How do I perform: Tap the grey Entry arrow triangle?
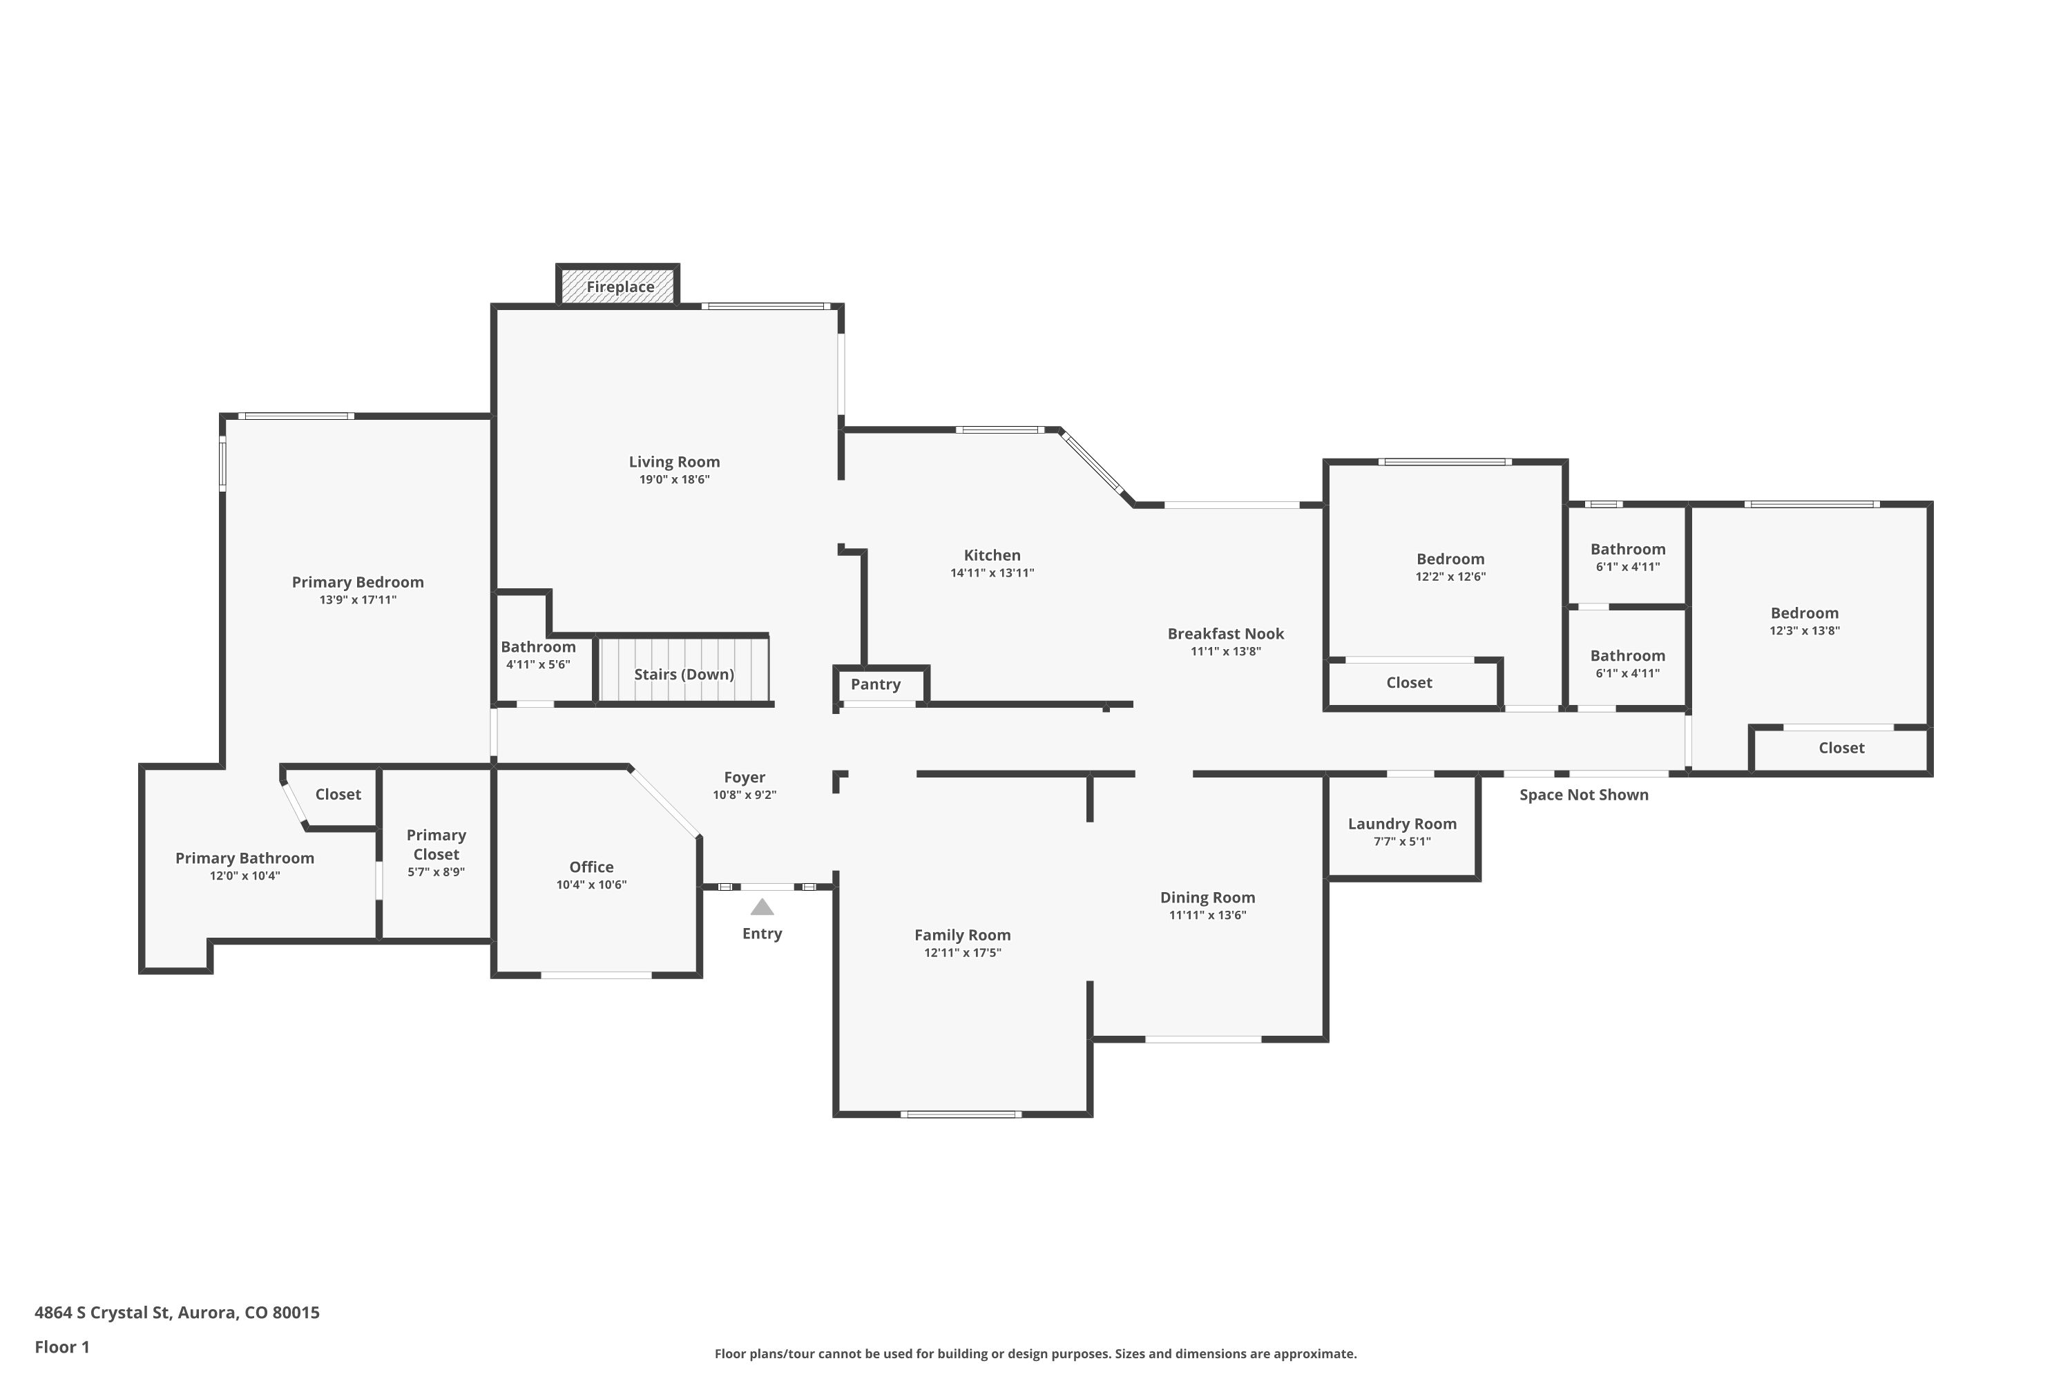(x=762, y=907)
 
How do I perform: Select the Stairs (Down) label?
(x=684, y=675)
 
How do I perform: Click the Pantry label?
(x=875, y=684)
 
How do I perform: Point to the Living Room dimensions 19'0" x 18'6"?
(x=674, y=480)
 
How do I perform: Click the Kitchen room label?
(x=992, y=555)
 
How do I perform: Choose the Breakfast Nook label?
(x=1225, y=633)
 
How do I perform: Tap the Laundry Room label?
(x=1401, y=824)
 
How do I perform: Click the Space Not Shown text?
(x=1583, y=795)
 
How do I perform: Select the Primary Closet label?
(x=436, y=844)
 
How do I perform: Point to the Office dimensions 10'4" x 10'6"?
(x=591, y=885)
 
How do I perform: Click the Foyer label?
(x=745, y=777)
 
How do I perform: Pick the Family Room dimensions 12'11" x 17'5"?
(x=962, y=953)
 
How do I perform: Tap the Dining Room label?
(x=1207, y=898)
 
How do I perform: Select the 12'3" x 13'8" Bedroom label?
(x=1804, y=613)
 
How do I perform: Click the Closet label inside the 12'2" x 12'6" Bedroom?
(x=1409, y=683)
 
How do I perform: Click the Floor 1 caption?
(x=61, y=1346)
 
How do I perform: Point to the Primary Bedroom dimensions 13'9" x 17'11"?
(x=358, y=601)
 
